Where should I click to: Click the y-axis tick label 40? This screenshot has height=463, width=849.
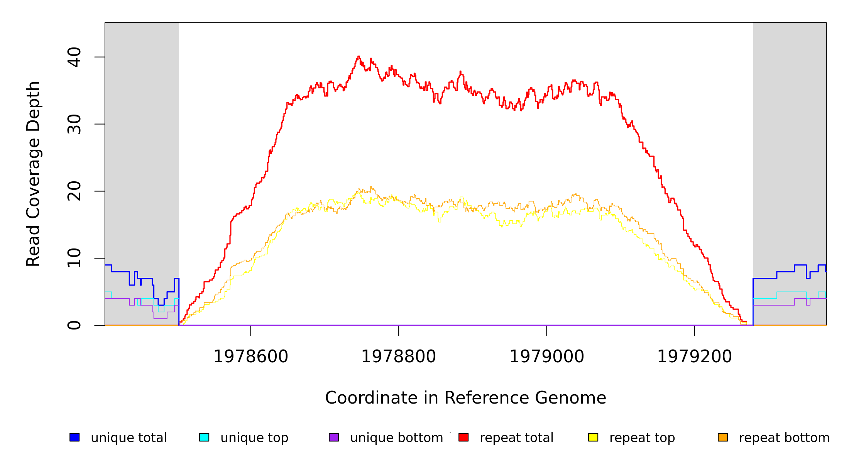[x=74, y=57]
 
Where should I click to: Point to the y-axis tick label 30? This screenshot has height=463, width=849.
[x=74, y=124]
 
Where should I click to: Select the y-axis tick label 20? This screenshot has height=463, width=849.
[x=74, y=191]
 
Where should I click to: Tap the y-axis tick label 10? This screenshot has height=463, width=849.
[x=74, y=258]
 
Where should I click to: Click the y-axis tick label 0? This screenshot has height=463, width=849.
[x=74, y=325]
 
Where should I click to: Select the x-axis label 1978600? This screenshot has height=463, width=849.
[x=251, y=357]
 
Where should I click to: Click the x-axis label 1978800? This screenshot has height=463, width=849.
[x=399, y=357]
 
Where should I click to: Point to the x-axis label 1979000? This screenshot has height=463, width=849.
[x=547, y=357]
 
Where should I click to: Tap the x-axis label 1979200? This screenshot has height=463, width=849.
[x=695, y=357]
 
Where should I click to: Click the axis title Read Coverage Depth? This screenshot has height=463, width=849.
[x=33, y=174]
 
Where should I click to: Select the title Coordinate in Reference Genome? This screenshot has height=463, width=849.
[x=465, y=398]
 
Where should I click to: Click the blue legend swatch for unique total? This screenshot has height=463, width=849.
[x=74, y=437]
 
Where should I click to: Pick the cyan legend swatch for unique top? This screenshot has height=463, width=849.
[x=204, y=437]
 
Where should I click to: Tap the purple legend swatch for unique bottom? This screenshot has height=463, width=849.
[x=334, y=437]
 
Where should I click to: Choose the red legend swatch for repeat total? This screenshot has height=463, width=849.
[x=463, y=437]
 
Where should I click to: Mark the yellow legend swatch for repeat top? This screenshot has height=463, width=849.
[x=593, y=437]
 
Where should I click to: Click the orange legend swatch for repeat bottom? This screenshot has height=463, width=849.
[x=723, y=437]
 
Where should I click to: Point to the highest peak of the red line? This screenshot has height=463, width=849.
[x=359, y=56]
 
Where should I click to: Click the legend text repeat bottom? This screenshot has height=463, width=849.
[x=784, y=438]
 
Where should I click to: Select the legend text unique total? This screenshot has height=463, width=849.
[x=129, y=438]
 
